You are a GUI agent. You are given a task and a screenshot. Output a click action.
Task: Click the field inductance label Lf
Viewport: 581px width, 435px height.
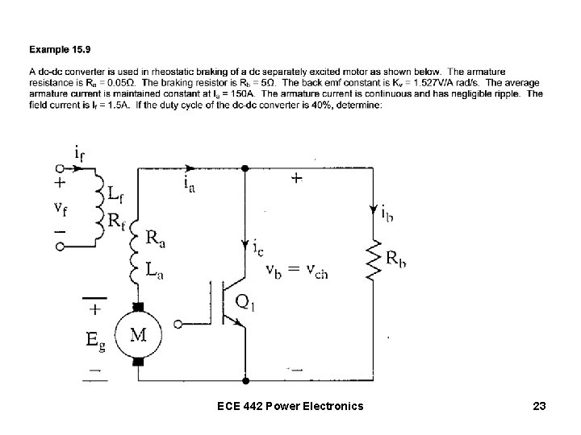coord(115,193)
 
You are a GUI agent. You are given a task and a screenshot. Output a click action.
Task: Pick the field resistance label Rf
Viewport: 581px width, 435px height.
coord(116,218)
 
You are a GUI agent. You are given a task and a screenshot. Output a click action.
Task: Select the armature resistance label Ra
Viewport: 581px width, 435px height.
coord(158,239)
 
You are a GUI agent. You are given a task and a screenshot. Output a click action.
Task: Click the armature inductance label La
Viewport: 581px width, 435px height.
coord(159,271)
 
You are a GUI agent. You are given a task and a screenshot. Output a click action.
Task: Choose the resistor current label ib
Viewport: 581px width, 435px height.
coord(389,213)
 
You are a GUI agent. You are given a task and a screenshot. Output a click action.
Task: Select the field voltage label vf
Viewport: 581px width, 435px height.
coord(61,208)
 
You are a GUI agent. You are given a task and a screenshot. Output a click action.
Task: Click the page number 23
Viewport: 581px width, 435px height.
coord(539,408)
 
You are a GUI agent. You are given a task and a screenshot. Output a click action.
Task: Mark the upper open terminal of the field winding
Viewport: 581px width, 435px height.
coord(58,169)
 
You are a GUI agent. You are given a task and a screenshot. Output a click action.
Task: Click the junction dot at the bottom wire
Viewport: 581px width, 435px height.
coord(245,378)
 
